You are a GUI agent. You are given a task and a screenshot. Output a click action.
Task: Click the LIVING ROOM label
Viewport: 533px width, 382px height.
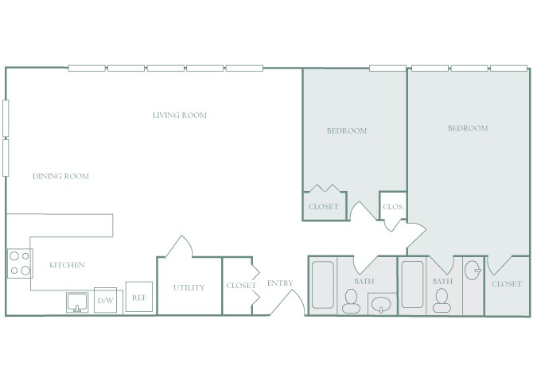point(180,115)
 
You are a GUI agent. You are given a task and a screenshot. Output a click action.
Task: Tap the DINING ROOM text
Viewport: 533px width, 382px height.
point(60,177)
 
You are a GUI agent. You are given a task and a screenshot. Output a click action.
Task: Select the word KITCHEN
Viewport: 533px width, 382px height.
point(67,265)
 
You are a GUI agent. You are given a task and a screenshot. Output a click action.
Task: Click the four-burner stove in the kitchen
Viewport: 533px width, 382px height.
point(20,263)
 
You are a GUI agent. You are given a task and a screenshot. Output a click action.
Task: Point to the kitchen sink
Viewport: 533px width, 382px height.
point(77,302)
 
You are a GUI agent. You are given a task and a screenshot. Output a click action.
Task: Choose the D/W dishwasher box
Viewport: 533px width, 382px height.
point(105,300)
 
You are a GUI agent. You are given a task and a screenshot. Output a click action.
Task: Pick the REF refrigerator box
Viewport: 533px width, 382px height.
point(138,298)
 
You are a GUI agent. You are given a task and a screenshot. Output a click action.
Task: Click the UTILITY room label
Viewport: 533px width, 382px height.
point(189,288)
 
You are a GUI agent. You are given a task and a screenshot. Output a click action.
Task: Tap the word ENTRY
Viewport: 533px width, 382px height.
point(280,283)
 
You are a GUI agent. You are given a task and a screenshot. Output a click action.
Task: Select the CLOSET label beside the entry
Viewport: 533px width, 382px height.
point(241,286)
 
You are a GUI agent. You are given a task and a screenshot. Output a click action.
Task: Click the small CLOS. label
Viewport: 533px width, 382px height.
point(394,207)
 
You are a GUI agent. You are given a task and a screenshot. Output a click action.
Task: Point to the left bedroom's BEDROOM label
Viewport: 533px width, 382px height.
point(347,131)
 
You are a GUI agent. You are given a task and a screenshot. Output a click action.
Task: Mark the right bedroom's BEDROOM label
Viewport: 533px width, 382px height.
point(468,128)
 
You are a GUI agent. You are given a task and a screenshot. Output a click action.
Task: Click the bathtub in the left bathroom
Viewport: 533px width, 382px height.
point(323,284)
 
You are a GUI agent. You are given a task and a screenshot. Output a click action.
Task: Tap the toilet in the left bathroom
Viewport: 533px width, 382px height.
point(351,301)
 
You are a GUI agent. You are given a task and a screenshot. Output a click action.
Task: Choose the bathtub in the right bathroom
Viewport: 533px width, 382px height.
point(414,284)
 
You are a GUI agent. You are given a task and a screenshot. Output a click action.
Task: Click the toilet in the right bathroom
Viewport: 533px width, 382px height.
point(442,301)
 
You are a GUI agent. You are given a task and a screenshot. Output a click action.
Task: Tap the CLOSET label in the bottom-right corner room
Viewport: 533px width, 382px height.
point(507,284)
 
